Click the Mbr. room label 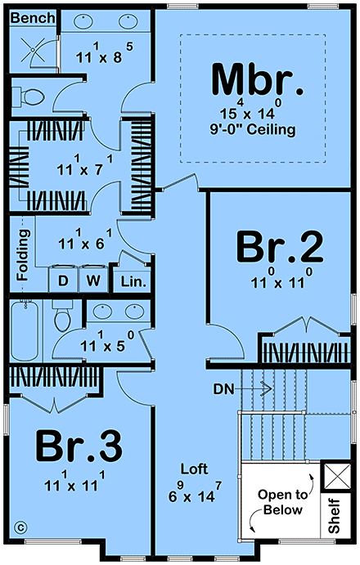pyautogui.click(x=257, y=80)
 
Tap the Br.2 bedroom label pyautogui.click(x=280, y=247)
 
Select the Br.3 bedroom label pyautogui.click(x=79, y=446)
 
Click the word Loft pyautogui.click(x=194, y=469)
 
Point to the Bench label pyautogui.click(x=33, y=18)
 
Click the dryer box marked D pyautogui.click(x=63, y=280)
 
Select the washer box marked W pyautogui.click(x=93, y=280)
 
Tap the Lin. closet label pyautogui.click(x=133, y=281)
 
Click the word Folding pyautogui.click(x=23, y=255)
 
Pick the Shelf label pyautogui.click(x=335, y=515)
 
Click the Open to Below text pyautogui.click(x=283, y=502)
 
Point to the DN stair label pyautogui.click(x=223, y=389)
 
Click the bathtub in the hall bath pyautogui.click(x=25, y=331)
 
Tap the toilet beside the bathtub pyautogui.click(x=62, y=316)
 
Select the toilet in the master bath pyautogui.click(x=28, y=96)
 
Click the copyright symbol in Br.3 pyautogui.click(x=20, y=528)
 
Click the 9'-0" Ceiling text pyautogui.click(x=253, y=129)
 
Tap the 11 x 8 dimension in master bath pyautogui.click(x=104, y=53)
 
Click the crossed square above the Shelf pyautogui.click(x=338, y=477)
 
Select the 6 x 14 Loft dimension pyautogui.click(x=195, y=492)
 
